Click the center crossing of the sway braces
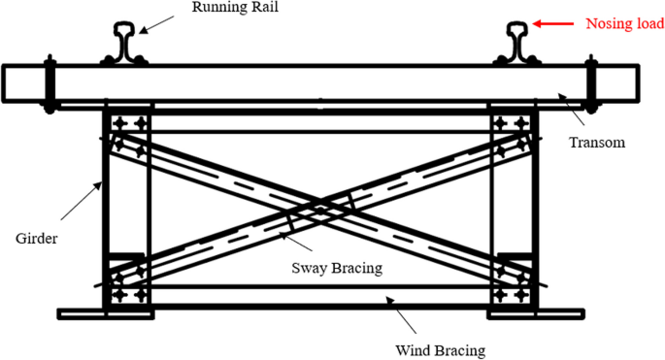pyautogui.click(x=320, y=207)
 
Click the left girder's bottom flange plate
pyautogui.click(x=104, y=313)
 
